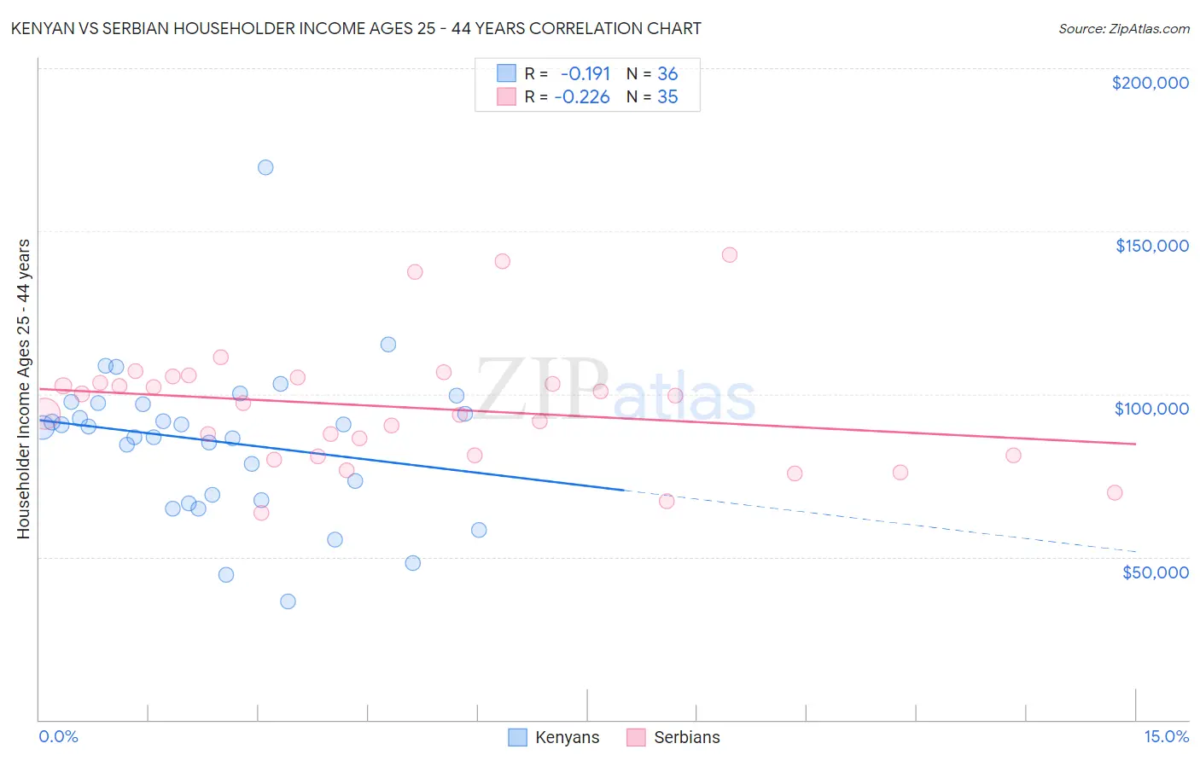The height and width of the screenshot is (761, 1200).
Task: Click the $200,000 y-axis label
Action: click(1150, 83)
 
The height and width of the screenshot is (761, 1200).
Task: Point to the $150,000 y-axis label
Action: click(1151, 246)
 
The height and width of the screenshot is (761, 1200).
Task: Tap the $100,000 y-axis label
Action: click(1151, 409)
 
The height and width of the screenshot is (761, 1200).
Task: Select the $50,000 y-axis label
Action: click(1155, 572)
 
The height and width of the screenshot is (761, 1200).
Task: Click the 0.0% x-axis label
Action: click(58, 736)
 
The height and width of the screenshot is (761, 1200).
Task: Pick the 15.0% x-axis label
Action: click(1166, 736)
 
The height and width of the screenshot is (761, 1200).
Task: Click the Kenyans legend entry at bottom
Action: click(566, 737)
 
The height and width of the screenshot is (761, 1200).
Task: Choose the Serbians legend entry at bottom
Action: click(685, 737)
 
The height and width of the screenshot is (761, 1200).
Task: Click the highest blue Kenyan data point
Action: click(265, 167)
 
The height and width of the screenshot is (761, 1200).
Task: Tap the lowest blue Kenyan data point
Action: click(288, 601)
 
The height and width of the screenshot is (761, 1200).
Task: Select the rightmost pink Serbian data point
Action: click(1114, 492)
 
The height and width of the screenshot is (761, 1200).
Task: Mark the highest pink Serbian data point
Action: click(729, 255)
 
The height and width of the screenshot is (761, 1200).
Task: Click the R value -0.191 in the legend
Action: click(585, 73)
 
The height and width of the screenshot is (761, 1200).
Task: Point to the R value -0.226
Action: click(581, 97)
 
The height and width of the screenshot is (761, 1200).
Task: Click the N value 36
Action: click(667, 73)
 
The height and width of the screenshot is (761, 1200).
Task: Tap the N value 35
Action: click(667, 97)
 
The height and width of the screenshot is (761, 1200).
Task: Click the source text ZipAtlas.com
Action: click(1149, 29)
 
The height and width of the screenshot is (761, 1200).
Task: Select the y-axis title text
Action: click(23, 389)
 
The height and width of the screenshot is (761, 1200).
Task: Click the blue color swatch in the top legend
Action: click(507, 73)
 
